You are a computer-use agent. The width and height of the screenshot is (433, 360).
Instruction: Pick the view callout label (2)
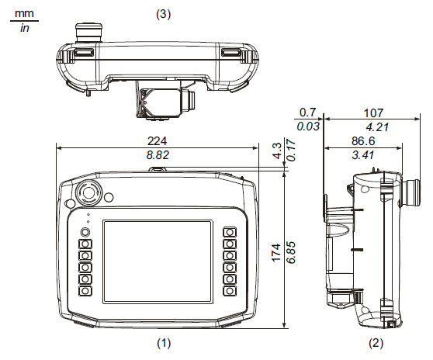375,341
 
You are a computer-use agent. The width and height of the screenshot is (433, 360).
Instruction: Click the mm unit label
24,13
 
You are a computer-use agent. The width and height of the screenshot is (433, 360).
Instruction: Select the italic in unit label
24,29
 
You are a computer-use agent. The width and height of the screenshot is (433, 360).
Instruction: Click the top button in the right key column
229,232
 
